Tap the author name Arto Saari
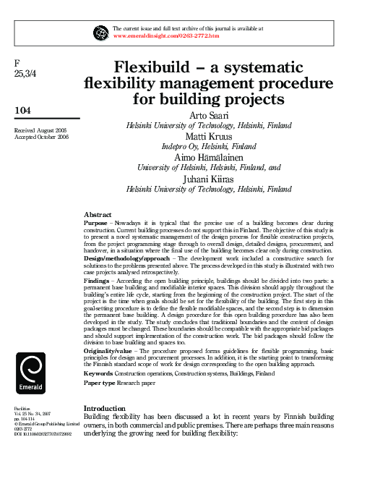[x=209, y=115]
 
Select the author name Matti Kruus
[x=209, y=135]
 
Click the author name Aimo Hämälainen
[x=209, y=156]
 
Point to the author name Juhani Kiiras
[x=209, y=178]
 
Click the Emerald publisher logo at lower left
[x=30, y=373]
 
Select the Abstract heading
[x=98, y=216]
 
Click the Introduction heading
[x=105, y=409]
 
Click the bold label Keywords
[x=98, y=373]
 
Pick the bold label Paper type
[x=99, y=382]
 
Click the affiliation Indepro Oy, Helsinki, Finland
[x=209, y=145]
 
